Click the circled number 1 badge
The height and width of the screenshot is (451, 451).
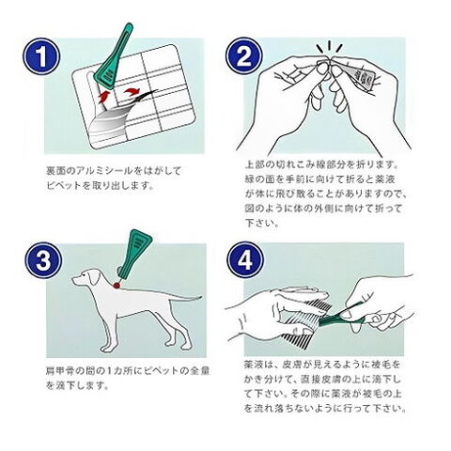tap(41, 56)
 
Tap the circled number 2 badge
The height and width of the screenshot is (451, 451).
tap(244, 56)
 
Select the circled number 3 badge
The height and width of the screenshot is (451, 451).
tap(43, 260)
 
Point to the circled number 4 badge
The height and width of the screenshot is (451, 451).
tap(245, 260)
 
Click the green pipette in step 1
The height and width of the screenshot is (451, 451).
tap(116, 56)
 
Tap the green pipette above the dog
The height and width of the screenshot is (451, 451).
tap(134, 255)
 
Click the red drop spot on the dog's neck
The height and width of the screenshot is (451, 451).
tap(117, 285)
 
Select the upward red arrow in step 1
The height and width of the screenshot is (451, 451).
tap(104, 96)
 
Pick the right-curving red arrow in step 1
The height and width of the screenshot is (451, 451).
tap(132, 92)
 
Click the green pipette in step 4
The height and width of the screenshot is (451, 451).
tap(340, 317)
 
